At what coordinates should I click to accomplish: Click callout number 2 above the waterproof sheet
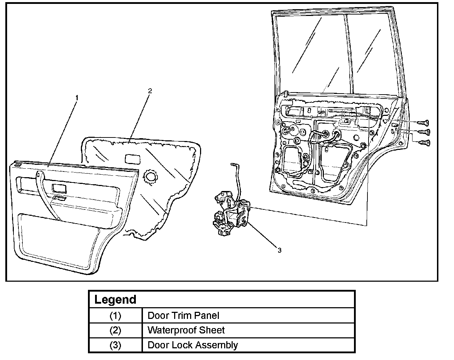[150, 91]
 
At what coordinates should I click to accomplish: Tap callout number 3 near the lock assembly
[279, 250]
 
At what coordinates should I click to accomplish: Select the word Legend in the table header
[115, 300]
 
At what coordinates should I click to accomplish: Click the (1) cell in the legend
[115, 315]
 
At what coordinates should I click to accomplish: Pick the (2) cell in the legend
[115, 330]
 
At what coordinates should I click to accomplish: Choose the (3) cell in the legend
[115, 345]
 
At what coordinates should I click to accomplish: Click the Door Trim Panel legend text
[183, 315]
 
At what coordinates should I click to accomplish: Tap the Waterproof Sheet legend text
[186, 330]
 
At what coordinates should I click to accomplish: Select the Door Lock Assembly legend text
[193, 345]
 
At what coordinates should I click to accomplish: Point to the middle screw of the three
[424, 132]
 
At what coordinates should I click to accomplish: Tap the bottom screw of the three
[424, 142]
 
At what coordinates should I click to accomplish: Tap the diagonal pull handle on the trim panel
[46, 195]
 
